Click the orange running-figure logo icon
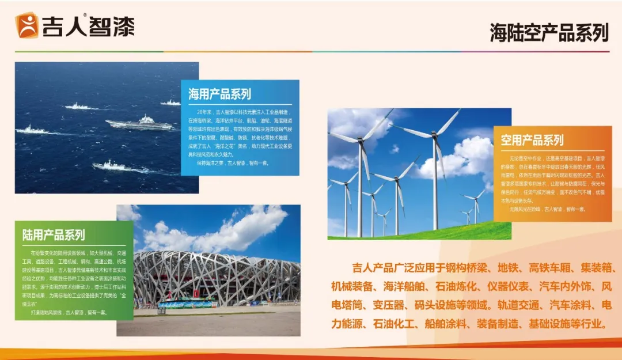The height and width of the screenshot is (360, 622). click(x=26, y=25)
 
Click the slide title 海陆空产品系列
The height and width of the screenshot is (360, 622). click(x=549, y=33)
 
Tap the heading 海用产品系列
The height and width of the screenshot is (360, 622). click(x=219, y=94)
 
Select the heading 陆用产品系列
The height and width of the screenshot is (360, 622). click(x=54, y=235)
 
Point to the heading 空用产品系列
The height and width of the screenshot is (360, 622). click(x=532, y=140)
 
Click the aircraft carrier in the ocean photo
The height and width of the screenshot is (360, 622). click(x=139, y=123)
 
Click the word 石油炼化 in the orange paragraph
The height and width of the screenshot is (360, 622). click(x=458, y=286)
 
